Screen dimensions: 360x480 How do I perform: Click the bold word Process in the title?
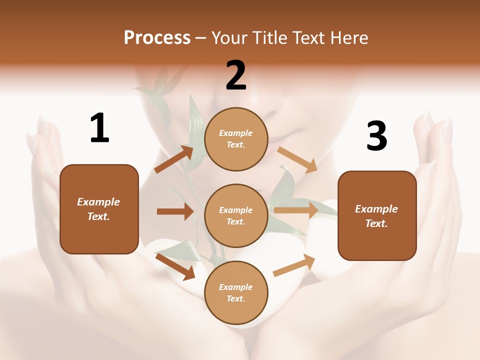click(157, 38)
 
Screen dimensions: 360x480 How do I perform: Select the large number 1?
click(99, 128)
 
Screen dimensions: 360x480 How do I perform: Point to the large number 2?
click(236, 75)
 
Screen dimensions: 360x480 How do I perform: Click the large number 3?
click(376, 136)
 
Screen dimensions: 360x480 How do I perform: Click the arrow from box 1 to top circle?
click(174, 159)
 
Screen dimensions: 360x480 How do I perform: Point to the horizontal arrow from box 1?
click(175, 211)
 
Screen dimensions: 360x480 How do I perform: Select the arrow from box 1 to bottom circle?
click(175, 266)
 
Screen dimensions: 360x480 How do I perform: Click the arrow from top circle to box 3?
click(297, 159)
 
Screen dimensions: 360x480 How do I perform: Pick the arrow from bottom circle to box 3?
click(294, 265)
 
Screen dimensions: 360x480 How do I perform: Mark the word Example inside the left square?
click(98, 202)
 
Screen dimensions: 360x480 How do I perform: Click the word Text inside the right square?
click(376, 223)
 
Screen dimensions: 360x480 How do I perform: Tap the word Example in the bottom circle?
click(235, 287)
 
